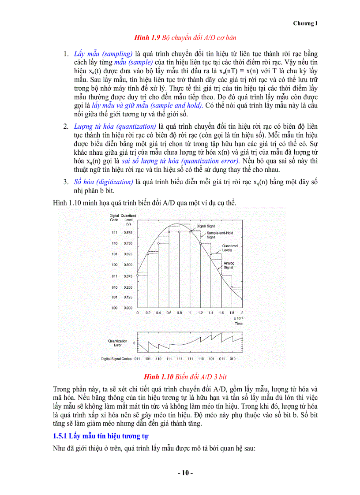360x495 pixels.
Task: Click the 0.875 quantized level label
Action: point(128,232)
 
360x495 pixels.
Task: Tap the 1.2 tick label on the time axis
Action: point(200,313)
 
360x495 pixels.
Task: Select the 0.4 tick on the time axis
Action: point(158,313)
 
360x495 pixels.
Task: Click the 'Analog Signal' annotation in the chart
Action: point(229,265)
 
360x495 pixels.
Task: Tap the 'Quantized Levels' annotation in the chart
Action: point(229,248)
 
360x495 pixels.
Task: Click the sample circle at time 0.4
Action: point(158,243)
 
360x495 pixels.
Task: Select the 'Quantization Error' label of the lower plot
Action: point(117,343)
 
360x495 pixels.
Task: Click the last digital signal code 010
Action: point(232,359)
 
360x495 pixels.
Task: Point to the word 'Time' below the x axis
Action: point(238,323)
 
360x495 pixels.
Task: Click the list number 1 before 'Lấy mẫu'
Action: point(64,54)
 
